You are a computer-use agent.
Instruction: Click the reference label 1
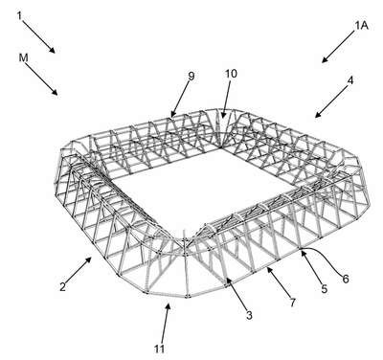[19, 15]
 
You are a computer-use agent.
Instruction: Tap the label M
[23, 57]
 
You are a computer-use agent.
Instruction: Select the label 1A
[362, 26]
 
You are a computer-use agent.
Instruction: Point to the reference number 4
[350, 80]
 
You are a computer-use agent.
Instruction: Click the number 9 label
[191, 76]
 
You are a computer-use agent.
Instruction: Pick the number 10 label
[231, 74]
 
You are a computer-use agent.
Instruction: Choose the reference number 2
[62, 286]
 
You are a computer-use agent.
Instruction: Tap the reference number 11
[159, 349]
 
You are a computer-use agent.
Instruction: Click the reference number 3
[249, 315]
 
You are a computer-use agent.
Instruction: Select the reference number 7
[292, 302]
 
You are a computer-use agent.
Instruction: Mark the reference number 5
[325, 289]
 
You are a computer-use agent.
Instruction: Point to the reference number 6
[346, 279]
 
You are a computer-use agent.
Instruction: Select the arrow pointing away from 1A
[338, 47]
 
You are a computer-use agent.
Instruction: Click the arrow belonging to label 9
[181, 99]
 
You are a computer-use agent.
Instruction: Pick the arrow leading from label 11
[166, 323]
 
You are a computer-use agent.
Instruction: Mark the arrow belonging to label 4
[331, 101]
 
